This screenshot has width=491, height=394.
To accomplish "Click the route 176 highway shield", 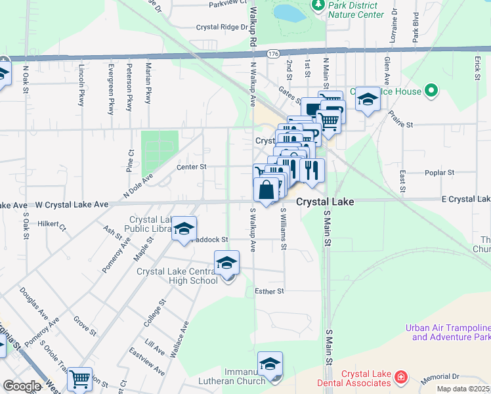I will (274, 53).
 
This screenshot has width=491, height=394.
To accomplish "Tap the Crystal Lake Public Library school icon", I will (184, 229).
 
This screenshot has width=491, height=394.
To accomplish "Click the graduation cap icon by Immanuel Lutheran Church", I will (270, 364).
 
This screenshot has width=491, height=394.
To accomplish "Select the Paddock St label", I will (211, 240).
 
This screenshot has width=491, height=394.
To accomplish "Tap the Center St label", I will (191, 167).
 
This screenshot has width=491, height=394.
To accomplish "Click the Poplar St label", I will (440, 173).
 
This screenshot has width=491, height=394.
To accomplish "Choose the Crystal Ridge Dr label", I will (223, 28).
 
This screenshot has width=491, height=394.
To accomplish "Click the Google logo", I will (22, 386).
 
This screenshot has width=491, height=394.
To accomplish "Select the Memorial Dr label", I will (446, 376).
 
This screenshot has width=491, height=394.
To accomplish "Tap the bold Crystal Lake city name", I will (325, 202).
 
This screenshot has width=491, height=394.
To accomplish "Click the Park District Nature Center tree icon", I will (318, 5).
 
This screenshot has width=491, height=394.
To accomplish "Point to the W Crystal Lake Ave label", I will (72, 205).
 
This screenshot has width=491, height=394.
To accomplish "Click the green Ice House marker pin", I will (431, 91).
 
